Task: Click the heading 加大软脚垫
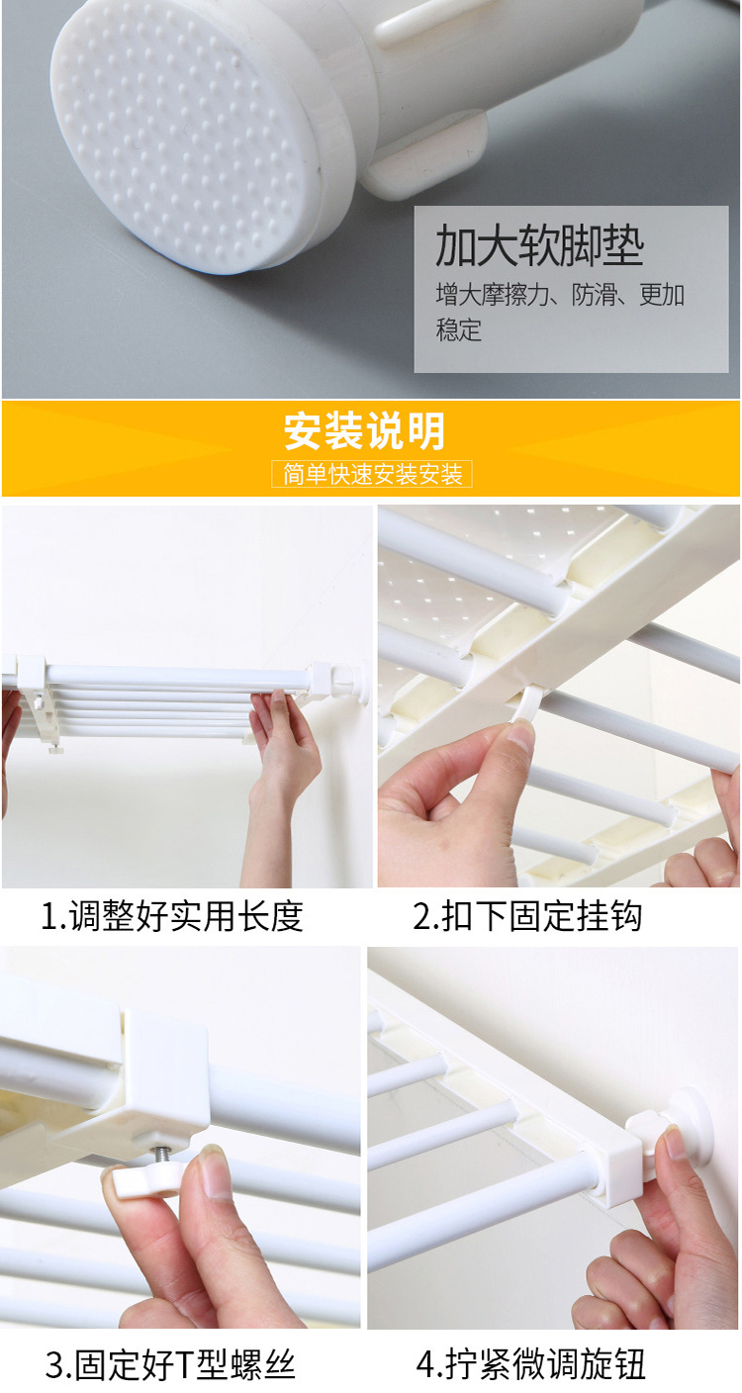click(539, 244)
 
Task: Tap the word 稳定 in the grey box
click(458, 329)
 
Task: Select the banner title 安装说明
click(364, 431)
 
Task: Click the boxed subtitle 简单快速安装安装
click(372, 474)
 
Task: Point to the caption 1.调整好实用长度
click(172, 916)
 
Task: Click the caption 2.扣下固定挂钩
click(526, 916)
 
